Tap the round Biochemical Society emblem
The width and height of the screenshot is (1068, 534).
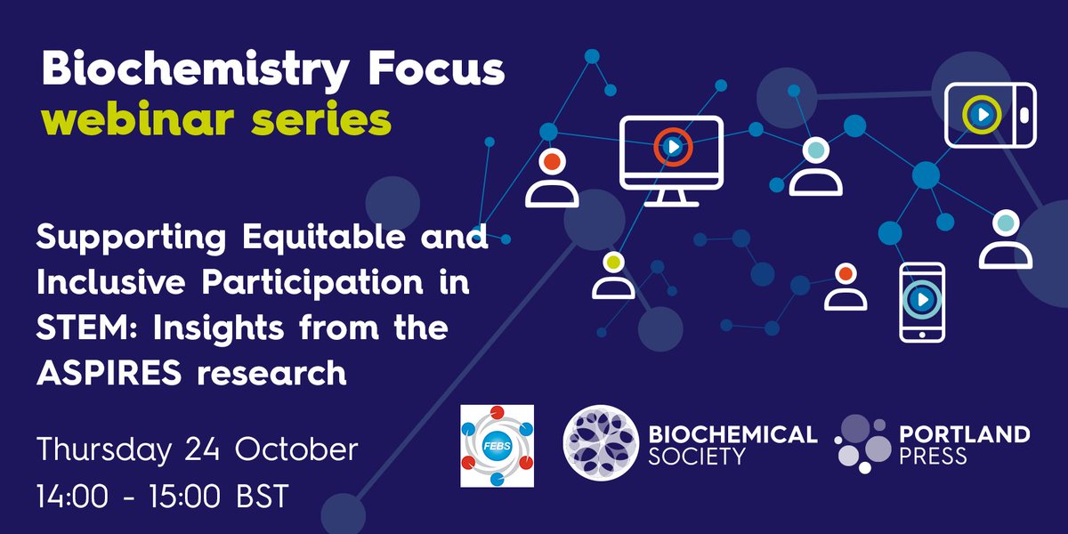[601, 444]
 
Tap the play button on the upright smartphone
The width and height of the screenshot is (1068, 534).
[921, 300]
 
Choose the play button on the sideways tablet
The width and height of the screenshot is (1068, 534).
[981, 114]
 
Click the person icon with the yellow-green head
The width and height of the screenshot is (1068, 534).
[613, 276]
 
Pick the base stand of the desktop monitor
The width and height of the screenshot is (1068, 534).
[671, 200]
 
